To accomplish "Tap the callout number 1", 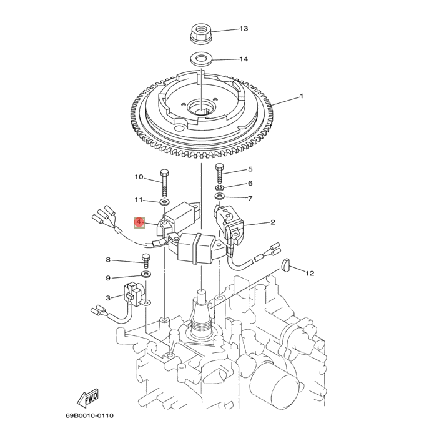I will tap(301, 96).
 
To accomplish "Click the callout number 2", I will tap(272, 222).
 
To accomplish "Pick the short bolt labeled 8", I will tap(147, 259).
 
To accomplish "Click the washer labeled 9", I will tap(145, 274).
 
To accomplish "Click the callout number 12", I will tap(310, 273).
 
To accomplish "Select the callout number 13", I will tap(243, 29).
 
